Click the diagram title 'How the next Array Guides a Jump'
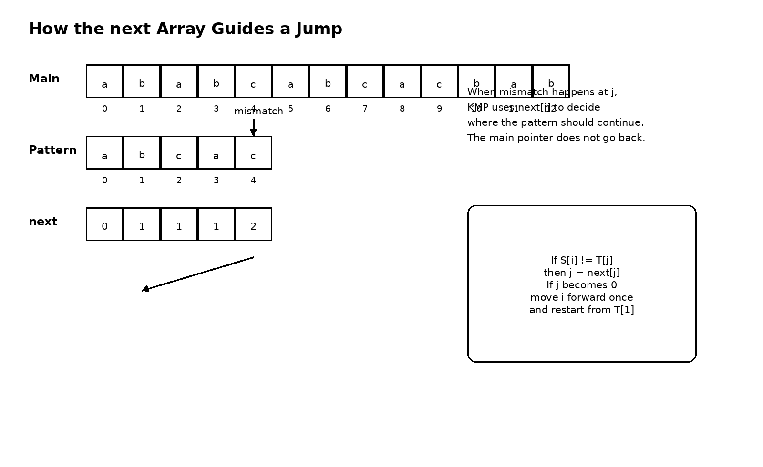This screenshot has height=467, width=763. (186, 29)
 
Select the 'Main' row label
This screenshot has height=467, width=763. (44, 79)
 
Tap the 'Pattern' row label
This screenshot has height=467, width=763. (52, 151)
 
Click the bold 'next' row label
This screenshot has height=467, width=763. (43, 222)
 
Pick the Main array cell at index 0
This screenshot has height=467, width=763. (104, 81)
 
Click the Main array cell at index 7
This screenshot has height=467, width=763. (365, 81)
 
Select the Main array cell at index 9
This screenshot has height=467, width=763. (439, 81)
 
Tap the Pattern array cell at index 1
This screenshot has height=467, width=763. (142, 153)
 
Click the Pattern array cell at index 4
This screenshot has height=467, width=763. (253, 153)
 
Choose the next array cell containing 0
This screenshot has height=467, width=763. (104, 224)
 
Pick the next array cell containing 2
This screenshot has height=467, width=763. (253, 224)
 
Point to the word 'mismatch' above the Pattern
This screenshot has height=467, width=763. (258, 112)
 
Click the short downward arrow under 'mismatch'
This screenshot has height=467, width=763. (253, 128)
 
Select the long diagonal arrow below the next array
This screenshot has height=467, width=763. (198, 274)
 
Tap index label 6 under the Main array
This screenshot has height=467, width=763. (328, 109)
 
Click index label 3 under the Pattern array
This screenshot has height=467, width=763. (216, 181)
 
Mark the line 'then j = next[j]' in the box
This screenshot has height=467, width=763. (581, 273)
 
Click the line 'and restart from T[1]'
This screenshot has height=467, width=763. (581, 310)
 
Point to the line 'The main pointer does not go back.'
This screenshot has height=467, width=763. (556, 138)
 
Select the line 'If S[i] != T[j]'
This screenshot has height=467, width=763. (581, 261)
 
